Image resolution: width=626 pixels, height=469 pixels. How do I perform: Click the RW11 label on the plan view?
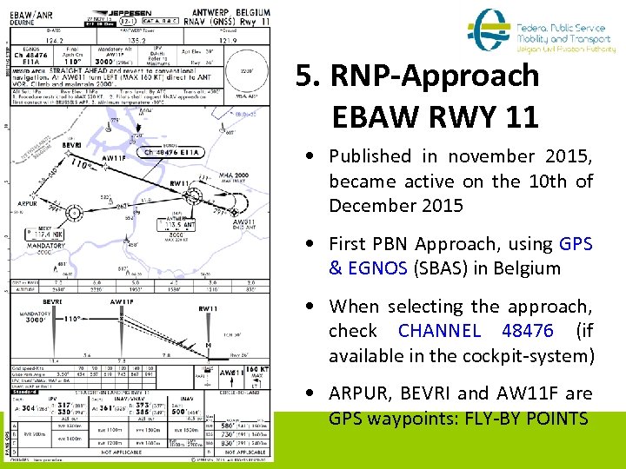point(179,183)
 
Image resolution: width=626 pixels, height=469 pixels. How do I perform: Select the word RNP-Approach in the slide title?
point(417,76)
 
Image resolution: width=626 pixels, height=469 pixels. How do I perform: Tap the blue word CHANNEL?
point(439,331)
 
